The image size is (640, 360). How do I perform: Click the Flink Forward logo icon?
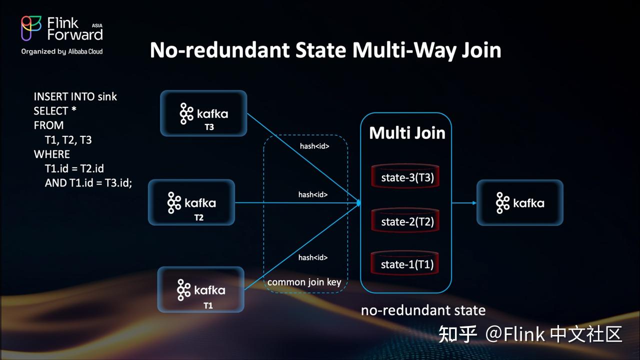point(31,28)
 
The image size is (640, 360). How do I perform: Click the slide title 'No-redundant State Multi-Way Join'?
point(325,50)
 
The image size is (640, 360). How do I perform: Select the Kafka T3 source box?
point(203,113)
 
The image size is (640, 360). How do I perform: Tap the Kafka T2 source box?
point(191,202)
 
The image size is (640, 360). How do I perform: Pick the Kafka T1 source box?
point(201,290)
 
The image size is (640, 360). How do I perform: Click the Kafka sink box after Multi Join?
point(520,202)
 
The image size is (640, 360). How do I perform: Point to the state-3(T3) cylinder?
point(405,177)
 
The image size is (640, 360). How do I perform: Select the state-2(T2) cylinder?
point(405,221)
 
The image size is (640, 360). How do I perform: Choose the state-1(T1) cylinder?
point(405,264)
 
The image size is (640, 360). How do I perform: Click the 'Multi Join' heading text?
point(407,133)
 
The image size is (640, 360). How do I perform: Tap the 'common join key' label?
point(304,282)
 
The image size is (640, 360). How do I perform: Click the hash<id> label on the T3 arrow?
point(313,146)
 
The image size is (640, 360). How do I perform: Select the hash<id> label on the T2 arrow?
point(313,194)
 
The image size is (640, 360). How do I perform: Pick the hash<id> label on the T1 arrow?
point(313,257)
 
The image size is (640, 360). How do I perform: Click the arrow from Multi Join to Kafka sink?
point(463,203)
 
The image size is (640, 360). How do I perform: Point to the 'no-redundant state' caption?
point(423,310)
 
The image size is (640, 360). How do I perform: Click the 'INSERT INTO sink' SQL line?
point(75,96)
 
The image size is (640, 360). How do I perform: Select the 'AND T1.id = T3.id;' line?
point(88,183)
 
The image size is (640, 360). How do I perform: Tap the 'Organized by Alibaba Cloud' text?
point(62,51)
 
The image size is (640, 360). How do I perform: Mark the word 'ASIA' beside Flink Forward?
point(97,24)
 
